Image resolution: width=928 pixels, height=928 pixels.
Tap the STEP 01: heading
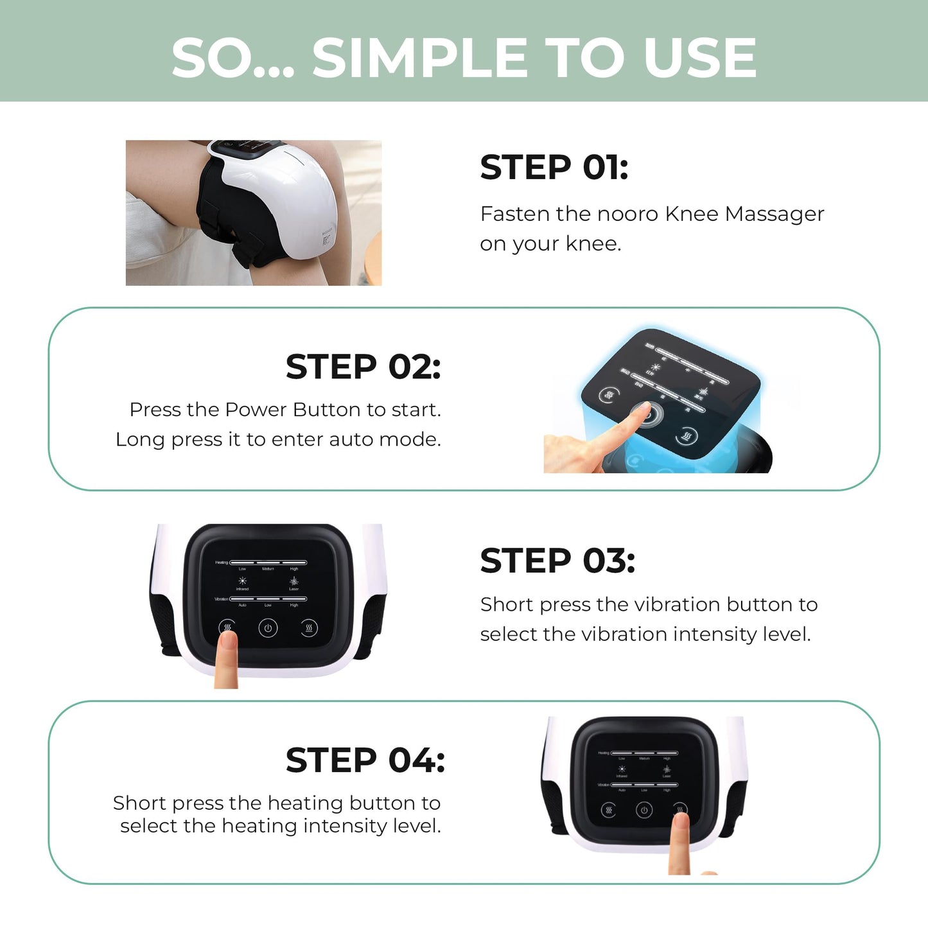point(554,168)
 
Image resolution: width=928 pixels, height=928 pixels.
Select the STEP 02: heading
point(363,367)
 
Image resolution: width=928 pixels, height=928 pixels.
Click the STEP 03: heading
point(557,561)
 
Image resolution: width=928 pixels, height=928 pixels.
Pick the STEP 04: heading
point(365,760)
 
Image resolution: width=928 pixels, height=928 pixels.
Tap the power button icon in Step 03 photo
point(268,628)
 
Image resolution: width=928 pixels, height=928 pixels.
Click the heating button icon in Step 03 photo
point(309,627)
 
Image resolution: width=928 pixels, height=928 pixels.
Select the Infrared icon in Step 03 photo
point(242,581)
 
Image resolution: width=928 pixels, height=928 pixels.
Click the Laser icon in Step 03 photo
point(293,581)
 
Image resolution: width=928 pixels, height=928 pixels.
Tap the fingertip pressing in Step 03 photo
point(227,640)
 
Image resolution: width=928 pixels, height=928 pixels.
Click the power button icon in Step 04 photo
point(644,810)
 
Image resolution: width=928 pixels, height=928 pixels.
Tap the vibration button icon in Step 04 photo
point(608,810)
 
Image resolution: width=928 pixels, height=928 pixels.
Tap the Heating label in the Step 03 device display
point(222,563)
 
